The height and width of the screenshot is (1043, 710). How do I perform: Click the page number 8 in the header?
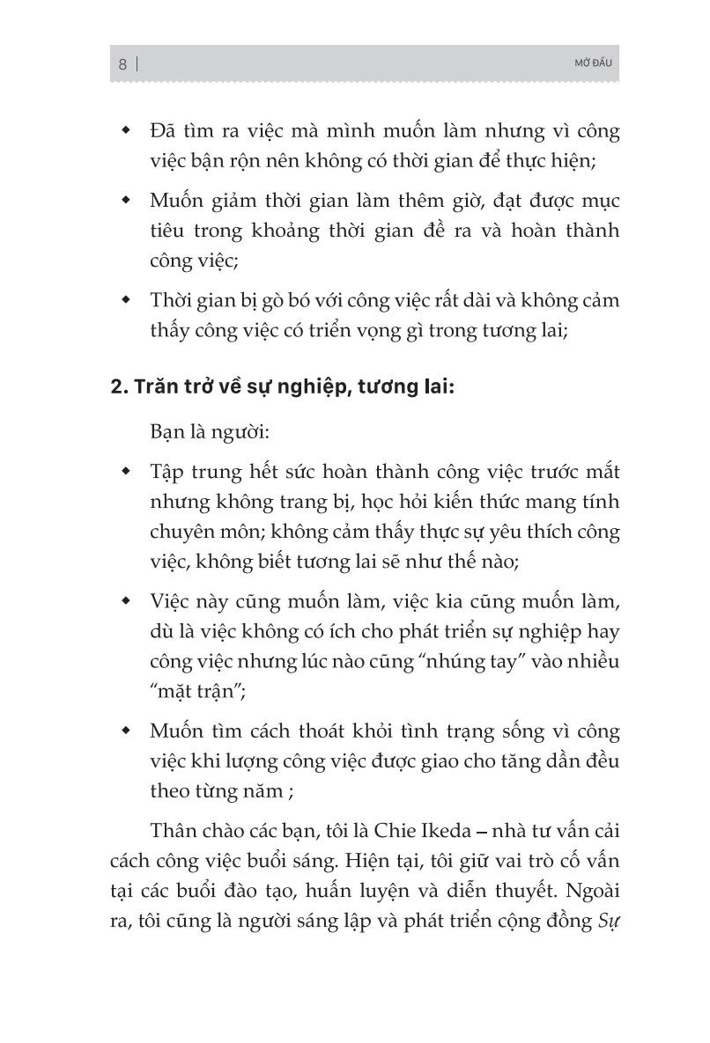pos(122,63)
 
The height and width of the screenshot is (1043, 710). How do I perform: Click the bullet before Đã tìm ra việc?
pos(129,131)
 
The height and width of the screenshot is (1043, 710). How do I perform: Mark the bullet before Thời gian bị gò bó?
pos(129,299)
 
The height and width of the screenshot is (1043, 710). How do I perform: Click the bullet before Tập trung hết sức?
pos(129,472)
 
